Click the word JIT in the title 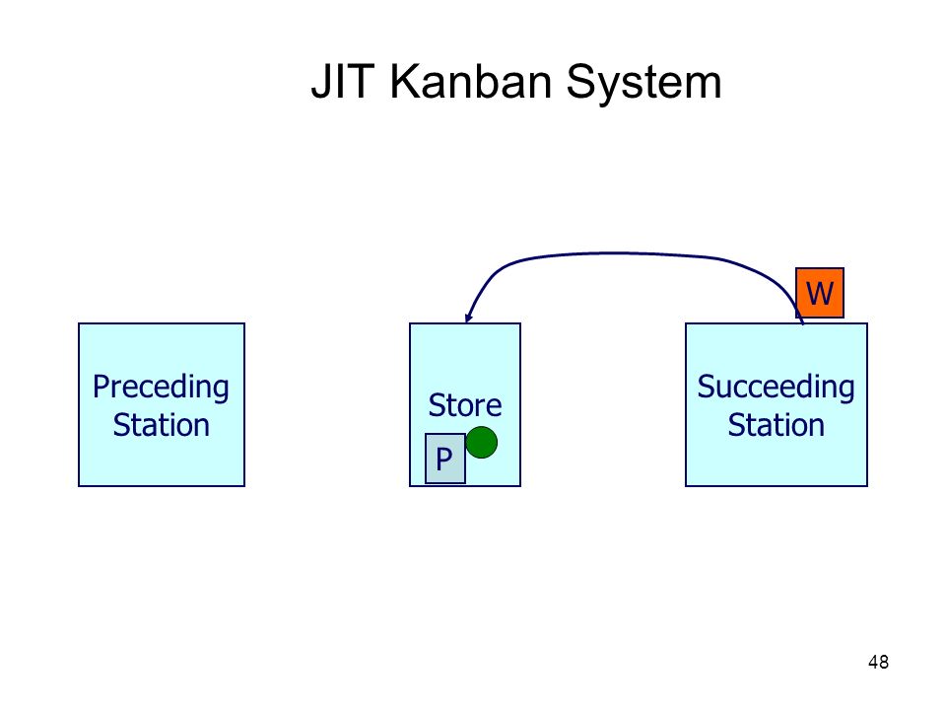pyautogui.click(x=342, y=81)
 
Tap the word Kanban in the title pyautogui.click(x=471, y=81)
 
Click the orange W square pyautogui.click(x=819, y=293)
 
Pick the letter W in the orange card pyautogui.click(x=820, y=294)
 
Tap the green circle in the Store pyautogui.click(x=482, y=443)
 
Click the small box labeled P pyautogui.click(x=445, y=459)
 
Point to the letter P pyautogui.click(x=444, y=460)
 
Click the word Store pyautogui.click(x=464, y=405)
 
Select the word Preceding pyautogui.click(x=161, y=388)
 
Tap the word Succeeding pyautogui.click(x=776, y=388)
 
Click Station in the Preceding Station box pyautogui.click(x=161, y=425)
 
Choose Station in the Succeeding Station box pyautogui.click(x=776, y=425)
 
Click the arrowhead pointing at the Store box pyautogui.click(x=468, y=318)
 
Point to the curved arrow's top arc pyautogui.click(x=622, y=253)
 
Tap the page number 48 pyautogui.click(x=878, y=663)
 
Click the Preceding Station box pyautogui.click(x=162, y=404)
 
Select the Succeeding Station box pyautogui.click(x=777, y=404)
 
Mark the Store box pyautogui.click(x=465, y=404)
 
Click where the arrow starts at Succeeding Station pyautogui.click(x=803, y=323)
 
